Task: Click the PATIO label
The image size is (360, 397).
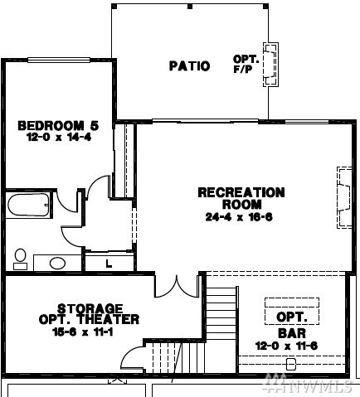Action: coord(189,66)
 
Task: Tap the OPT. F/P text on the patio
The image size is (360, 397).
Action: coord(246,64)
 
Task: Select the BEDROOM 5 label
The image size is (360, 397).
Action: coord(58,126)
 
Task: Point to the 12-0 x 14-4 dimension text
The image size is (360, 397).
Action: coord(59,137)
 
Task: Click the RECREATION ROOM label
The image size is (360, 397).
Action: coord(241,198)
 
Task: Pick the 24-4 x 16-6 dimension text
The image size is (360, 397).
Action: coord(239,217)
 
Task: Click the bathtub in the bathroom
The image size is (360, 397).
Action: coord(29,205)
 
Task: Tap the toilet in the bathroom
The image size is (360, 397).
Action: coord(20,259)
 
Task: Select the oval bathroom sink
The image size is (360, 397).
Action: coord(57,264)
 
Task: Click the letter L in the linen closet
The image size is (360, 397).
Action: coord(109,264)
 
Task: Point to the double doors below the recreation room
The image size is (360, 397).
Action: coord(177,287)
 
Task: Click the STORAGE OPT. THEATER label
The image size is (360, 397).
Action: coord(89,314)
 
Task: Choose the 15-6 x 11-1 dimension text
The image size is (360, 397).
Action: coord(83,332)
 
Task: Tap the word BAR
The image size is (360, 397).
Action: coord(292,333)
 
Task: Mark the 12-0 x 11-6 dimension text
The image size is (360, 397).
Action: coord(286,346)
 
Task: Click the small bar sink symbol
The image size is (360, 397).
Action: coord(290,364)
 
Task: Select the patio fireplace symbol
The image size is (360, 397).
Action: coord(270,65)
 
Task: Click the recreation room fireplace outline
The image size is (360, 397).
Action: coord(344,197)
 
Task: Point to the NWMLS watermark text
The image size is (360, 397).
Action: coord(308,384)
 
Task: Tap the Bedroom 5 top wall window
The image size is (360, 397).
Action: coord(59,60)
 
